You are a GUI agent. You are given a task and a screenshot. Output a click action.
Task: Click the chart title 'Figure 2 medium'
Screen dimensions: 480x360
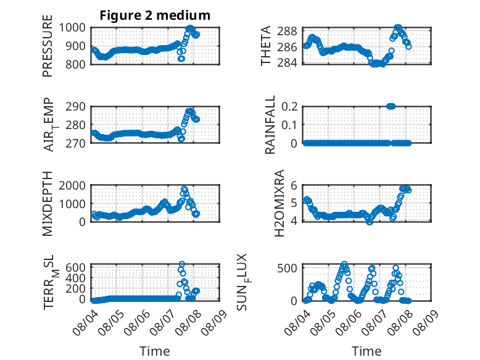click(155, 15)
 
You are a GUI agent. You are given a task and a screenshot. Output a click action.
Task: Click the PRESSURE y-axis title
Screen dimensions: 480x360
click(48, 46)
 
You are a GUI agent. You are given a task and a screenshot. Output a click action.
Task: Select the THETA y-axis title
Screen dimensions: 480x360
click(266, 46)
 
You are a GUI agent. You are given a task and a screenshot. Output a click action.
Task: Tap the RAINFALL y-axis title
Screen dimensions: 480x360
click(270, 125)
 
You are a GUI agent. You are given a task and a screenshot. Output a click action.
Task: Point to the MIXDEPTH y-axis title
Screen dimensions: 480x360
click(48, 204)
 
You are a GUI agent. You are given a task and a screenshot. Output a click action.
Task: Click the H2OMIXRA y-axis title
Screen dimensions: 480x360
click(279, 203)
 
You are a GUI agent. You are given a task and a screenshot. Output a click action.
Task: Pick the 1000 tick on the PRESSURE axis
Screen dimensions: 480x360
click(72, 28)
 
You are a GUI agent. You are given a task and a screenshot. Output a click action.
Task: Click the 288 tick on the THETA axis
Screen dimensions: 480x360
click(287, 31)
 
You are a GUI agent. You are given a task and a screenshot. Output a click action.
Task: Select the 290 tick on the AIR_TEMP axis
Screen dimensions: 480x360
click(75, 107)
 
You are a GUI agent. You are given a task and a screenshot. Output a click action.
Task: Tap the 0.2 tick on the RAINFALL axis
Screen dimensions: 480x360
click(289, 107)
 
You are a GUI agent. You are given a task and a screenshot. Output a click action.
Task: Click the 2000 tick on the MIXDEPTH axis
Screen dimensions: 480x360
click(72, 185)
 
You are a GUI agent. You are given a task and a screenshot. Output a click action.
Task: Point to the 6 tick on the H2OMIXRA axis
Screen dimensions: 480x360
click(294, 185)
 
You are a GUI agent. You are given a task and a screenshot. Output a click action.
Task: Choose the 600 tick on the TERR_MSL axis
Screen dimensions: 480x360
click(75, 267)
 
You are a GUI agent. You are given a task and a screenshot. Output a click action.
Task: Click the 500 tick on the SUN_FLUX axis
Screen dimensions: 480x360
click(287, 269)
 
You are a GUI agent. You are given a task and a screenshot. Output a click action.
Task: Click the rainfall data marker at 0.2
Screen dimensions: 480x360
click(391, 106)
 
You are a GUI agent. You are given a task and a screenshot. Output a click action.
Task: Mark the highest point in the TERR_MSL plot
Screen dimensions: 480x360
click(182, 264)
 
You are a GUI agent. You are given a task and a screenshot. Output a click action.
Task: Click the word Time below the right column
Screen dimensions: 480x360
click(366, 351)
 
